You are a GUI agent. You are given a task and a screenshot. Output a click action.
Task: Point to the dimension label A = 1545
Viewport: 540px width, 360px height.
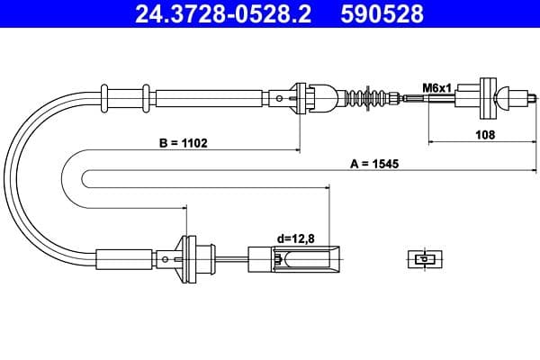pos(374,164)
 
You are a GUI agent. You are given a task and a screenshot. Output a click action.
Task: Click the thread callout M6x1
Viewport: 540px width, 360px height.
pos(436,87)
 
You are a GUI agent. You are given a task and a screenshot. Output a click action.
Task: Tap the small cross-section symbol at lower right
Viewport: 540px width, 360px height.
pos(423,259)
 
